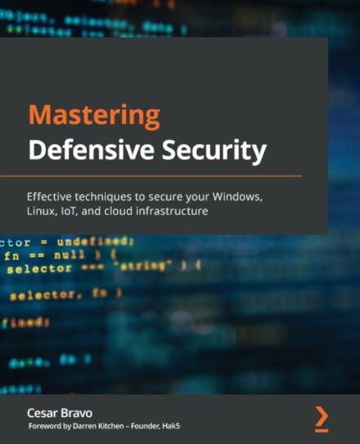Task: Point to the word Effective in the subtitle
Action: (x=52, y=196)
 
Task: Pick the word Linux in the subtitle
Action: (x=42, y=212)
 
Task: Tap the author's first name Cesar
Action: (x=43, y=414)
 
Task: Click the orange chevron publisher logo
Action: (x=322, y=417)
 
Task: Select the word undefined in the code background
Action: (x=96, y=241)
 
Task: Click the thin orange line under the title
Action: (x=151, y=176)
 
